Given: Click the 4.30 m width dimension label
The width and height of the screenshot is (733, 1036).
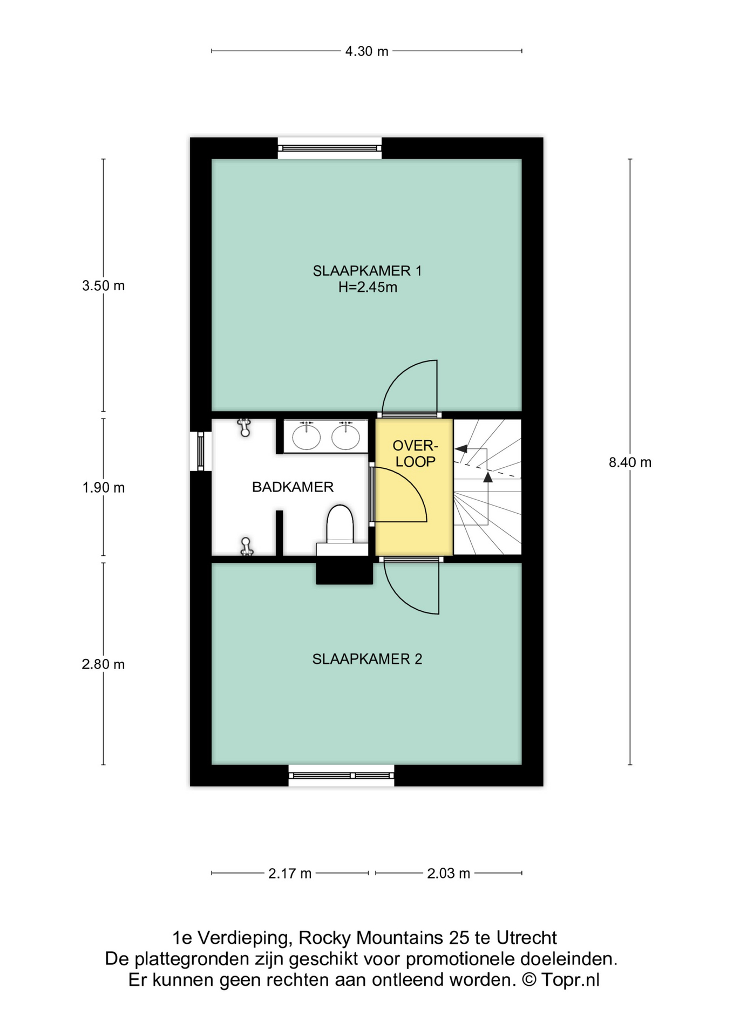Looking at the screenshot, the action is pyautogui.click(x=366, y=51).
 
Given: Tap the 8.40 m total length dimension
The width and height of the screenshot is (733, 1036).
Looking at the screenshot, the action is pyautogui.click(x=630, y=462).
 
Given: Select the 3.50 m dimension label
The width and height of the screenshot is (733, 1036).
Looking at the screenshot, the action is pyautogui.click(x=103, y=285).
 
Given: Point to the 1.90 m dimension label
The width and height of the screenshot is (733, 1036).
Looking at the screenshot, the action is pyautogui.click(x=103, y=488).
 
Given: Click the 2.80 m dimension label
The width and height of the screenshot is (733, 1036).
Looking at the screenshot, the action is pyautogui.click(x=103, y=664).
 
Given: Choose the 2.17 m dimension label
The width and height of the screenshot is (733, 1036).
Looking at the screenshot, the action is pyautogui.click(x=290, y=873).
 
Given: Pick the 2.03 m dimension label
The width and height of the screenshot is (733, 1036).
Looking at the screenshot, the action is pyautogui.click(x=449, y=873).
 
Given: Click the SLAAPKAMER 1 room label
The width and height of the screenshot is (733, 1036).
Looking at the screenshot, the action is pyautogui.click(x=367, y=271).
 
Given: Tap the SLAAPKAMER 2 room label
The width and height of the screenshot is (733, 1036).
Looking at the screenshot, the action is pyautogui.click(x=367, y=659).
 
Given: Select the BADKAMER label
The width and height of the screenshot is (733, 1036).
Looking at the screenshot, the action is pyautogui.click(x=293, y=487).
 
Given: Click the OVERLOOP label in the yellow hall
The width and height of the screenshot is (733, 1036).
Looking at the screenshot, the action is pyautogui.click(x=415, y=453).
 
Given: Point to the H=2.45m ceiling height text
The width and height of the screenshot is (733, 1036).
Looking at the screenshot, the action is pyautogui.click(x=368, y=287).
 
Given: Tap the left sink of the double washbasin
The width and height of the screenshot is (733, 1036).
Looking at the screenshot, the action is pyautogui.click(x=306, y=436).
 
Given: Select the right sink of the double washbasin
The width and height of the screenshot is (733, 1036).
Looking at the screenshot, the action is pyautogui.click(x=345, y=436).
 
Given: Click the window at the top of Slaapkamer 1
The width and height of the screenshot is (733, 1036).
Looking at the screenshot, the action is pyautogui.click(x=330, y=148).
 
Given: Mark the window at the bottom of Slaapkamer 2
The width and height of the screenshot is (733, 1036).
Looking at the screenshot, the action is pyautogui.click(x=341, y=775).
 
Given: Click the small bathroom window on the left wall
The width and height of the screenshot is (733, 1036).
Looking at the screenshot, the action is pyautogui.click(x=201, y=451).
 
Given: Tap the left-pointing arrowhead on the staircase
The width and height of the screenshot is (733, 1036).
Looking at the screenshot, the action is pyautogui.click(x=460, y=448).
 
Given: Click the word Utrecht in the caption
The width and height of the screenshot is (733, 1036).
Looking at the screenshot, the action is pyautogui.click(x=527, y=938).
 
